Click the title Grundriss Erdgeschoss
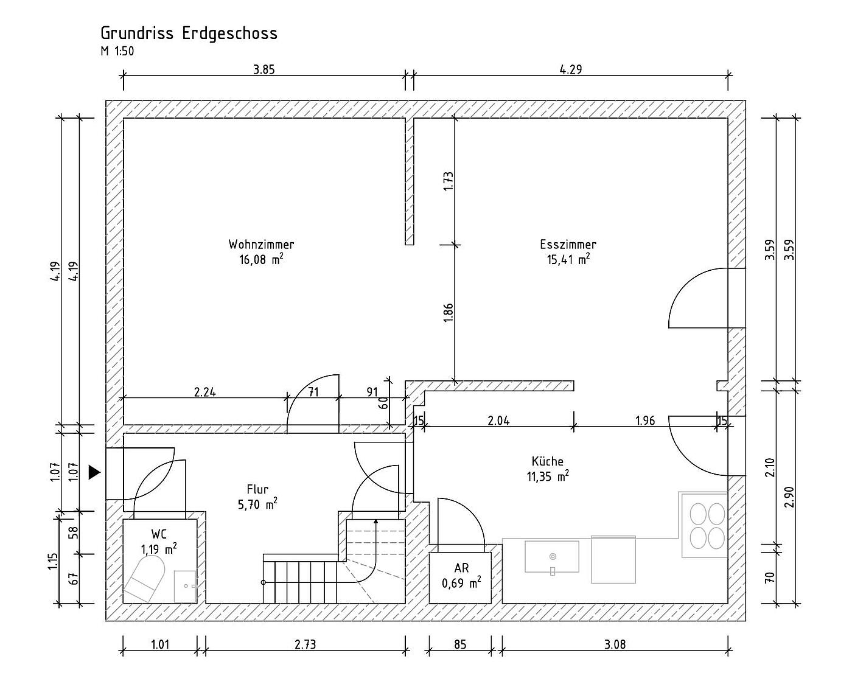tap(189, 33)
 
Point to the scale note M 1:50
tap(117, 51)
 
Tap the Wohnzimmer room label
tap(261, 244)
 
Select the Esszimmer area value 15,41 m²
tap(568, 259)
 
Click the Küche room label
tap(547, 461)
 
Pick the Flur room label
tap(257, 489)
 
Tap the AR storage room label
tap(461, 568)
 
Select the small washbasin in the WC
tap(185, 586)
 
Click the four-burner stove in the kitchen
tap(704, 525)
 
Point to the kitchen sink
tap(552, 557)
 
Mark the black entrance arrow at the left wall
tap(94, 472)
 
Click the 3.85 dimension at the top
tap(264, 69)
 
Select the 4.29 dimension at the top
tap(570, 69)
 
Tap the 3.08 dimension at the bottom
tap(615, 644)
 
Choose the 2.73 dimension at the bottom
tap(305, 644)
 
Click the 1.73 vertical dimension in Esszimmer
tap(449, 181)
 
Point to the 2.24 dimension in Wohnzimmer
tap(205, 392)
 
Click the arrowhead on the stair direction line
tap(375, 522)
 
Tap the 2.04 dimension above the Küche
tap(498, 421)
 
